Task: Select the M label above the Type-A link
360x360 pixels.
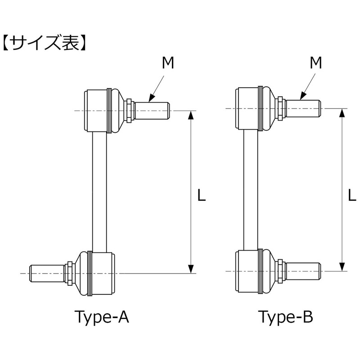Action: (x=167, y=64)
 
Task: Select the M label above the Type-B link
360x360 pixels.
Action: (x=316, y=64)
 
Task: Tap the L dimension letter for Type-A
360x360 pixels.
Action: (x=202, y=195)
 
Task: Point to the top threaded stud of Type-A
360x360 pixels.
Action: (x=152, y=110)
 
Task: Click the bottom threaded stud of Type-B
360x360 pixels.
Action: (x=303, y=271)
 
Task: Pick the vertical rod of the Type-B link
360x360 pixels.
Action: (x=251, y=189)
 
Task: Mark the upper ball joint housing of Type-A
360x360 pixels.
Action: (x=98, y=110)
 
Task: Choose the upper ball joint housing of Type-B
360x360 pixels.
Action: (x=249, y=108)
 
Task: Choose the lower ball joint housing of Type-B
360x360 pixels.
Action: (x=249, y=271)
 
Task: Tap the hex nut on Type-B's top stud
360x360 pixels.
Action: (x=280, y=108)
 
